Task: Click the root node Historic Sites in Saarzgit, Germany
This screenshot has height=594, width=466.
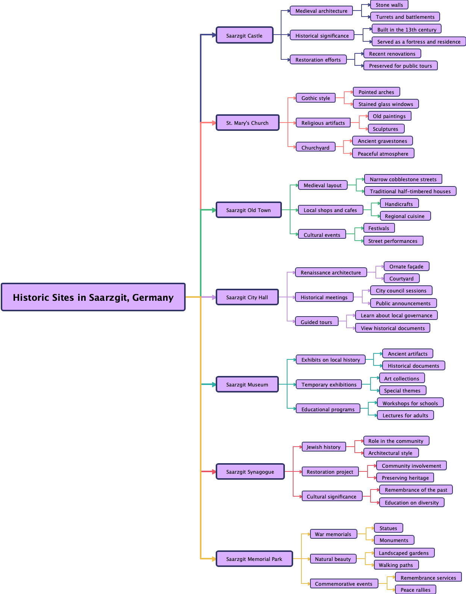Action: coord(93,297)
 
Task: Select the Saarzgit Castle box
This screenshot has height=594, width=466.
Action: coord(244,35)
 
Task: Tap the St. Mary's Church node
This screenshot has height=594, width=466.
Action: coord(247,123)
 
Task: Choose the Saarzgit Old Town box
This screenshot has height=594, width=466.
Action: coord(248,210)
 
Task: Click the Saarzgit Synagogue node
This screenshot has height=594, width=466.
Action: coord(250,471)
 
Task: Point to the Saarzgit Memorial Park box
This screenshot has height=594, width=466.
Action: coord(254,559)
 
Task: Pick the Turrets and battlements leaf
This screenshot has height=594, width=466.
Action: coord(405,17)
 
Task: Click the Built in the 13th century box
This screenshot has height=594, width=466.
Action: coord(407,29)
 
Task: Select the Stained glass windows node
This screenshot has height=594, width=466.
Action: coord(386,104)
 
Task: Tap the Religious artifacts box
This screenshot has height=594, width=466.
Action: coord(323,123)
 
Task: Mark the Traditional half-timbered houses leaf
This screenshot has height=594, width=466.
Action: coord(410,191)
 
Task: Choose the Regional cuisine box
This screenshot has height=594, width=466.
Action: coord(405,216)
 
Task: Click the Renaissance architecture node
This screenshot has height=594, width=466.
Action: coord(331,272)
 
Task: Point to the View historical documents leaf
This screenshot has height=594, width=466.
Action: coord(393,328)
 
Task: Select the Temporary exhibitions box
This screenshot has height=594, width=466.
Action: coord(329,384)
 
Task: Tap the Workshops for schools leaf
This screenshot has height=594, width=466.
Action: coord(410,403)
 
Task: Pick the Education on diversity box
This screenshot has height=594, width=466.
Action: coord(412,502)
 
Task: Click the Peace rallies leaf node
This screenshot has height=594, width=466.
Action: coord(415,589)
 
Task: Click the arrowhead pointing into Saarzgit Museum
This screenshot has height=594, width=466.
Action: coord(214,384)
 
